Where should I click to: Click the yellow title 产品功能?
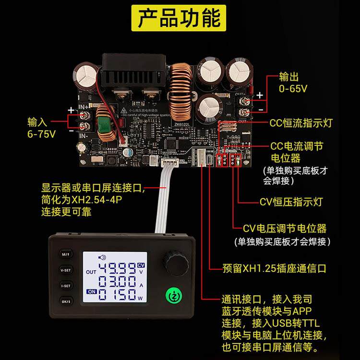pyautogui.click(x=180, y=20)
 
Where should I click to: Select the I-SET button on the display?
pyautogui.click(x=65, y=286)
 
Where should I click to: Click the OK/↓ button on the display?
pyautogui.click(x=65, y=301)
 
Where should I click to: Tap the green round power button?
pyautogui.click(x=172, y=296)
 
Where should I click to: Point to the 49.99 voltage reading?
pyautogui.click(x=118, y=268)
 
